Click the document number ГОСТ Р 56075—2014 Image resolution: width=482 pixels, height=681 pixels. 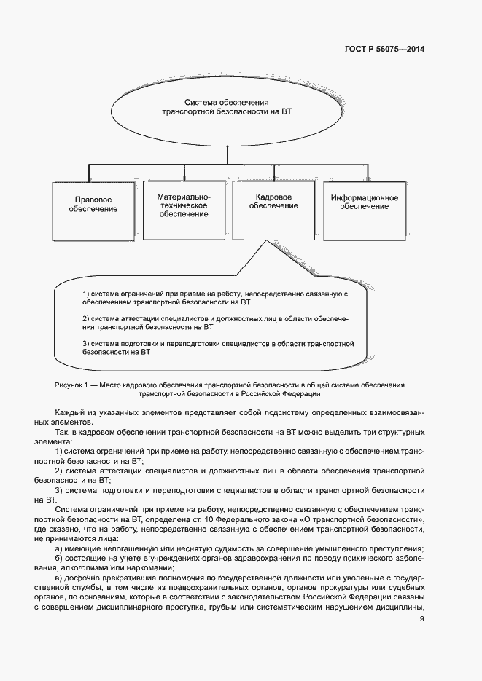point(384,50)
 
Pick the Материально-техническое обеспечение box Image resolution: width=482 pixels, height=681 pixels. point(184,205)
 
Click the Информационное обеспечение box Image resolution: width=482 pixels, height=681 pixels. point(364,203)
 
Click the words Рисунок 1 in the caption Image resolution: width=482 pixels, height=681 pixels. point(70,384)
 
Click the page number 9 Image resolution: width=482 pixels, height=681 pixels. point(421,619)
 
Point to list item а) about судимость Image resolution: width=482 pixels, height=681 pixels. point(240,548)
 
